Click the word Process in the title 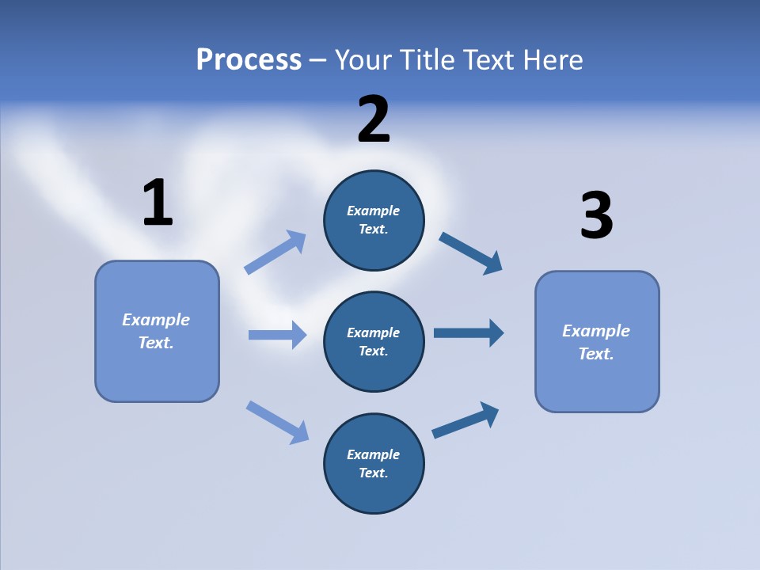(249, 60)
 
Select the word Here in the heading (552, 60)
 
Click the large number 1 (158, 203)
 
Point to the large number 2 (374, 120)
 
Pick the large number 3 (596, 216)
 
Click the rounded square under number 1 (157, 331)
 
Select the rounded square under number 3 (597, 341)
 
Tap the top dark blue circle (374, 220)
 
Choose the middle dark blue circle (374, 341)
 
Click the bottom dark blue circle (374, 463)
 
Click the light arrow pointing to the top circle (275, 253)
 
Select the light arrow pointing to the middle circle (277, 335)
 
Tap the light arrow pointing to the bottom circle (277, 422)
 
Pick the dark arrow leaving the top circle (470, 253)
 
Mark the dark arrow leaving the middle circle (469, 332)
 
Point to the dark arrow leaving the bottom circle (465, 420)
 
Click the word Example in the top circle (374, 211)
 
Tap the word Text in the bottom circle (372, 473)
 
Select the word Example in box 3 (596, 331)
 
